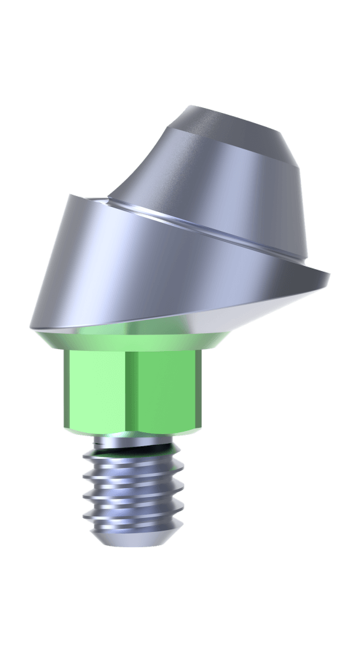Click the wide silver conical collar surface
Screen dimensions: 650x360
coord(127,267)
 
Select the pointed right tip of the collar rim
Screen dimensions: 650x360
coord(330,274)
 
